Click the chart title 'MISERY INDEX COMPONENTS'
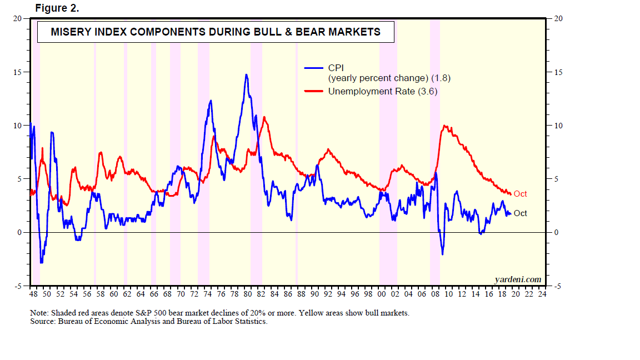[216, 32]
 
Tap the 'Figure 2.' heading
[57, 8]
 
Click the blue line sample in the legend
[314, 68]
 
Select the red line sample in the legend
[314, 91]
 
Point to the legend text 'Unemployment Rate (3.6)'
[383, 91]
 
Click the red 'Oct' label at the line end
[520, 194]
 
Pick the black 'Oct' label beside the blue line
[520, 213]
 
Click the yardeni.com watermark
[517, 279]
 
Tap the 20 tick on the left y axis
[17, 19]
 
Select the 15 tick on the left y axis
[17, 72]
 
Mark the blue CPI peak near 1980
[246, 75]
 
